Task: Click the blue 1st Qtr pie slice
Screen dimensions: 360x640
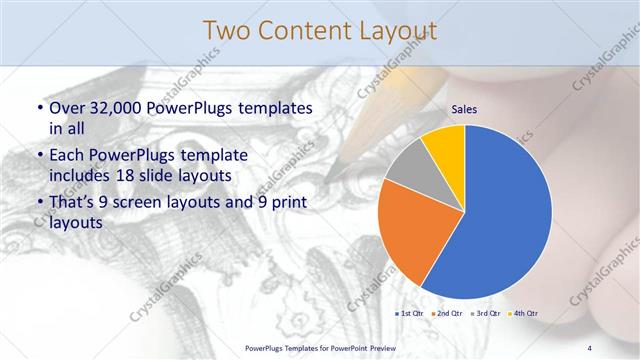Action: click(505, 215)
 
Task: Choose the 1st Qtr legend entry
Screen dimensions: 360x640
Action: click(412, 314)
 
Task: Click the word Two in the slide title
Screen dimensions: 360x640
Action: click(229, 31)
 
